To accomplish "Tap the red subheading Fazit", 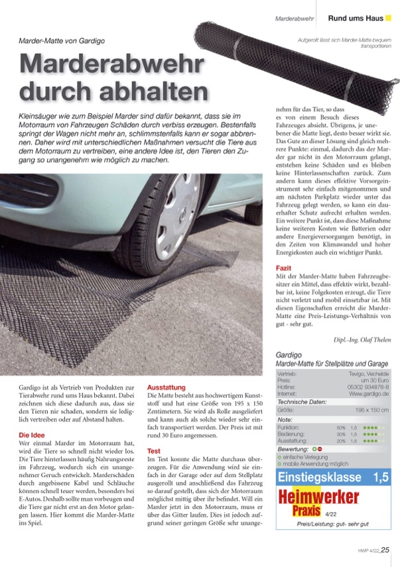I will click(x=284, y=268).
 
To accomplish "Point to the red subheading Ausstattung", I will click(x=166, y=387).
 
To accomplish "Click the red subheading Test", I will click(x=154, y=450).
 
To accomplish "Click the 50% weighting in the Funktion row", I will click(x=342, y=428).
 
